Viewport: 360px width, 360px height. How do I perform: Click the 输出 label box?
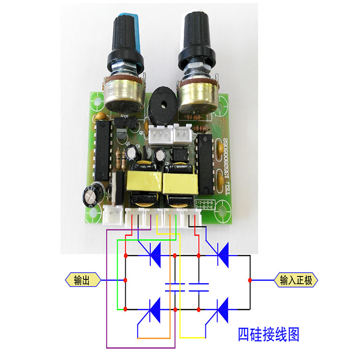(83, 280)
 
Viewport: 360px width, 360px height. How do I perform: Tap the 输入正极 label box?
(296, 280)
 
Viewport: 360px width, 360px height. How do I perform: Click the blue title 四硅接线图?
(269, 334)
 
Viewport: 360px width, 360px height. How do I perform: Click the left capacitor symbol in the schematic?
(175, 288)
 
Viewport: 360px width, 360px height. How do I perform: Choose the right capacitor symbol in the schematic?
(199, 288)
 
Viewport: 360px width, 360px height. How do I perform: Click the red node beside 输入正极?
(250, 280)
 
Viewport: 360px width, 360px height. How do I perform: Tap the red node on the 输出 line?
(125, 280)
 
